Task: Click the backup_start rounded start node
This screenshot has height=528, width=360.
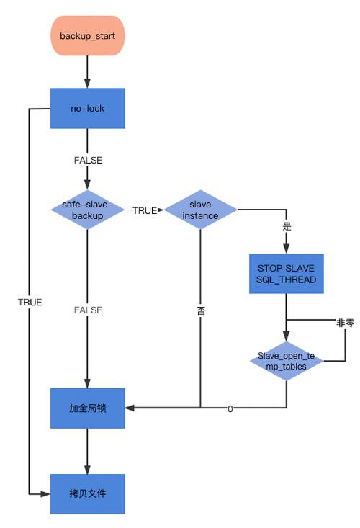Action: [x=87, y=35]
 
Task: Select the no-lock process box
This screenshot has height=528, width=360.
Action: [x=87, y=108]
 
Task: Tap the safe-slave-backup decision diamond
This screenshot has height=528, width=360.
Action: [x=87, y=210]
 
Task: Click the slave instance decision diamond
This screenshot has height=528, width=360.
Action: [x=201, y=210]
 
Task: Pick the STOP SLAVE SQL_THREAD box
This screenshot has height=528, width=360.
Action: [x=287, y=274]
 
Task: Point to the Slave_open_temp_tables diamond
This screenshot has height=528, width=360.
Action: [x=287, y=361]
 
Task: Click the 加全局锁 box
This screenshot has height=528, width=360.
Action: [x=87, y=408]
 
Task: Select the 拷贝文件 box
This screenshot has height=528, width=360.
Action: [x=87, y=493]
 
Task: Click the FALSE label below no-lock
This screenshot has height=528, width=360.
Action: [x=88, y=160]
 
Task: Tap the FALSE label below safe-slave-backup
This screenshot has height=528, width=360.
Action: [x=88, y=310]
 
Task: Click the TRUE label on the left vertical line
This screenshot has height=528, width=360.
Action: [x=30, y=303]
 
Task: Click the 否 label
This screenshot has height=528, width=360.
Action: [x=201, y=310]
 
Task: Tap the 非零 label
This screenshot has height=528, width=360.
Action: [x=345, y=323]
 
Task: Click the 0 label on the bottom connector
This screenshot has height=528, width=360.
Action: [x=230, y=408]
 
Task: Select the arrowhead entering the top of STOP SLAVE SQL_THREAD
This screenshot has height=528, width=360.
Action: [x=287, y=249]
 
